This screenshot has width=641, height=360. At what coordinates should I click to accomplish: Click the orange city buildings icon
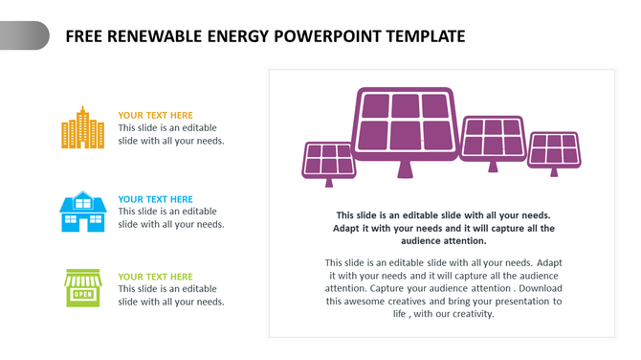tap(82, 128)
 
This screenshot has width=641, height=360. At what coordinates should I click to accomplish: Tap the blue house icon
tap(82, 211)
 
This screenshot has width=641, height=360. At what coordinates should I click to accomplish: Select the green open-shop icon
tap(82, 288)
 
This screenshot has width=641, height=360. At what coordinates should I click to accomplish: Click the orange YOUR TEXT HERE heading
tap(155, 116)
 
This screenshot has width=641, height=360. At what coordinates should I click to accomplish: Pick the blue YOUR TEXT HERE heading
tap(155, 199)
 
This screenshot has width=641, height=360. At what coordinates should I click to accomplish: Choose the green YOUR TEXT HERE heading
tap(155, 277)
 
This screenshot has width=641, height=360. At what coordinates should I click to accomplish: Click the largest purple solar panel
tap(406, 123)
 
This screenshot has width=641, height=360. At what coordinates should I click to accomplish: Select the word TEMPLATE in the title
tap(422, 36)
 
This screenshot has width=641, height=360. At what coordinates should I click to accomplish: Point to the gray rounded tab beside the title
tap(24, 35)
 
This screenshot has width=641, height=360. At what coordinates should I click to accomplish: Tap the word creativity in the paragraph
tap(469, 313)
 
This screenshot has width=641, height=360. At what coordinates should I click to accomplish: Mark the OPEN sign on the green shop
tap(82, 294)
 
